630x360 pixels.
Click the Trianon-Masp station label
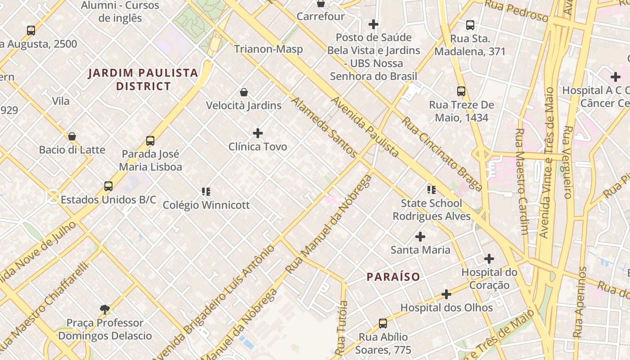(268, 49)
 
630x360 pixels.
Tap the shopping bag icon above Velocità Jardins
(244, 92)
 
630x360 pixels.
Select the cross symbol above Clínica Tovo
(258, 133)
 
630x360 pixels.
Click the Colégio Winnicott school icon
(206, 192)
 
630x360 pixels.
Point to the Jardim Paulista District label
(143, 79)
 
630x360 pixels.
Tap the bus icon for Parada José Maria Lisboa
(150, 141)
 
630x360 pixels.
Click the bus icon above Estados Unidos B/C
(108, 186)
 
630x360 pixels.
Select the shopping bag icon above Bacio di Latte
(72, 136)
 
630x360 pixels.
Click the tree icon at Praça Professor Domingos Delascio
(105, 309)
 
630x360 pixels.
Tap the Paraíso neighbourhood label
(393, 277)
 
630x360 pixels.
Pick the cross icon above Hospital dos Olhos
(446, 294)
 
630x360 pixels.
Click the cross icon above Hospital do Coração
(489, 259)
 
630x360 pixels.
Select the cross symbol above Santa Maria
(420, 236)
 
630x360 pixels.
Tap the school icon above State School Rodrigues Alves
(432, 190)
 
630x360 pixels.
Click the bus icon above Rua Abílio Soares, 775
(382, 323)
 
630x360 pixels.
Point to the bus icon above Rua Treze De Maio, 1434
(461, 91)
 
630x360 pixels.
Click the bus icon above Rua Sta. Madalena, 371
(470, 25)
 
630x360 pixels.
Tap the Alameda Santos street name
(324, 127)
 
